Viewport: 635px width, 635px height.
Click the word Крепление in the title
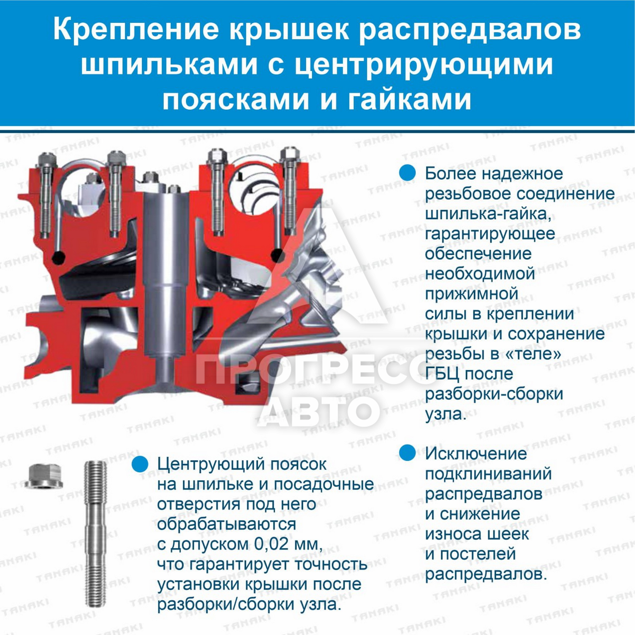(136, 30)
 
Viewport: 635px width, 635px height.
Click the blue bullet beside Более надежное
(408, 173)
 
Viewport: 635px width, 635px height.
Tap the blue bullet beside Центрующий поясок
(140, 464)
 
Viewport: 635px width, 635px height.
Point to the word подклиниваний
(488, 474)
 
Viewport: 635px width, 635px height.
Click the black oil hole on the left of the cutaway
(58, 258)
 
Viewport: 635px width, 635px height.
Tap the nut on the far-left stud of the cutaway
(47, 160)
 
